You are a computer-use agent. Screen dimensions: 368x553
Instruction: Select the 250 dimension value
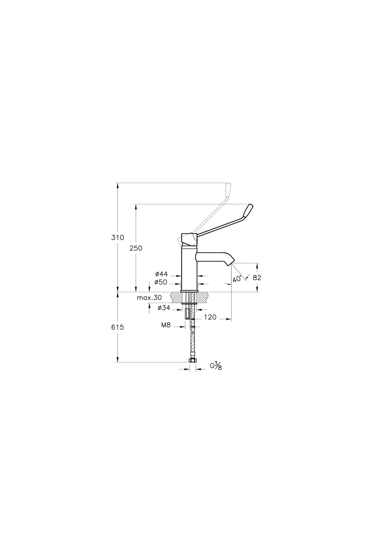[x=136, y=248]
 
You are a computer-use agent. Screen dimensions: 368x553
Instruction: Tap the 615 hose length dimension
[x=118, y=327]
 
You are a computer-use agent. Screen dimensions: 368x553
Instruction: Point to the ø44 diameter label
[x=162, y=274]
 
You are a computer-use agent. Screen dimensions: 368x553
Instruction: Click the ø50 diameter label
[x=161, y=282]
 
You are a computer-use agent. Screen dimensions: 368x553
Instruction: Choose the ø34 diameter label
[x=164, y=308]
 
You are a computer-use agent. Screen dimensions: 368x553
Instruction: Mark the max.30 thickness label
[x=149, y=298]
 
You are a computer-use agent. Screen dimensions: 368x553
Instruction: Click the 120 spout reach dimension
[x=210, y=317]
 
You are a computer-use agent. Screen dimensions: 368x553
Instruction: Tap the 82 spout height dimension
[x=257, y=277]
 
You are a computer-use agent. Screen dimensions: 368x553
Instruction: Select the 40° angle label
[x=237, y=279]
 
